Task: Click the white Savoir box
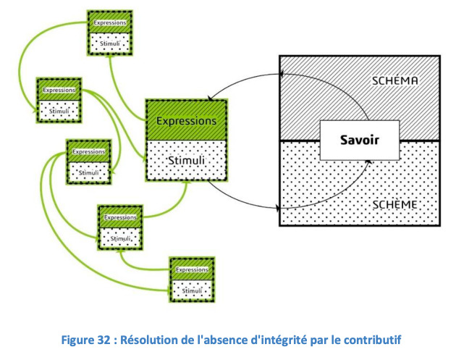pyautogui.click(x=360, y=140)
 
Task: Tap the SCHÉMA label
pyautogui.click(x=395, y=80)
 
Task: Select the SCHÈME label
pyautogui.click(x=394, y=205)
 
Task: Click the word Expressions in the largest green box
pyautogui.click(x=187, y=121)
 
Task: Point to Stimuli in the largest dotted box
pyautogui.click(x=187, y=160)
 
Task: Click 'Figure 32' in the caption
pyautogui.click(x=86, y=340)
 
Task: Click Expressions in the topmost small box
pyautogui.click(x=110, y=22)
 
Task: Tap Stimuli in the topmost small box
pyautogui.click(x=110, y=43)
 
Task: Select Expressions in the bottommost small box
pyautogui.click(x=192, y=269)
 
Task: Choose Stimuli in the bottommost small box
pyautogui.click(x=192, y=290)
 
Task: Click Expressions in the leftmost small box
pyautogui.click(x=59, y=90)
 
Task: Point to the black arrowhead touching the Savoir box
pyautogui.click(x=368, y=162)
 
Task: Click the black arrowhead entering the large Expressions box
pyautogui.click(x=211, y=99)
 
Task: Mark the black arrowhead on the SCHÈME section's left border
pyautogui.click(x=277, y=208)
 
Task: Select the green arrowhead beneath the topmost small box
pyautogui.click(x=110, y=57)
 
